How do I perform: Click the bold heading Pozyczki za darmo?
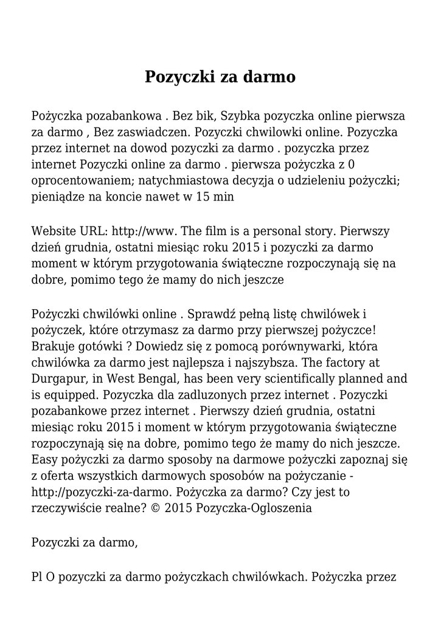[x=220, y=77]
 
